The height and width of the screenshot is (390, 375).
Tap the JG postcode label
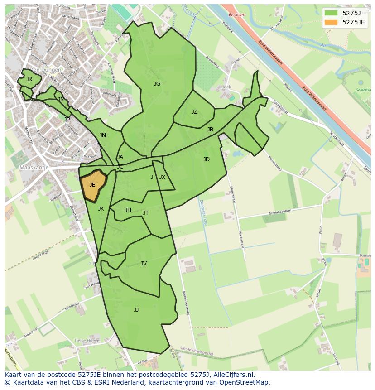click(x=157, y=84)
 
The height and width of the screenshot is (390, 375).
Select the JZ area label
click(x=194, y=112)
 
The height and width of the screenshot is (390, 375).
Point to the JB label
click(x=210, y=130)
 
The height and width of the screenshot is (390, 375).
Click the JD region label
click(x=207, y=159)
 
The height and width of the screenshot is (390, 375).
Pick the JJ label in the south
click(x=136, y=310)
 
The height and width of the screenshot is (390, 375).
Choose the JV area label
click(x=144, y=264)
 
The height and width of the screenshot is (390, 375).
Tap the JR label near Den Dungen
click(x=29, y=79)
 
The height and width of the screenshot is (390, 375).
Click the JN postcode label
click(x=103, y=135)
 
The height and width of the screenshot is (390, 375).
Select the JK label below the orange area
click(x=101, y=209)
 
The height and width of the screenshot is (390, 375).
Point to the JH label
click(x=128, y=210)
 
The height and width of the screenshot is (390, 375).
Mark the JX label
click(x=162, y=177)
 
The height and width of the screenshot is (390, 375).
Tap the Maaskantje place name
click(x=34, y=168)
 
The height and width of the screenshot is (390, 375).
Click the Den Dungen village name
click(x=45, y=70)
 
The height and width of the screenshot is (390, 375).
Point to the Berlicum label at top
click(x=236, y=15)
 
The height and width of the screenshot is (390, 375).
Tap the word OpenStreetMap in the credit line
click(x=246, y=382)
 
